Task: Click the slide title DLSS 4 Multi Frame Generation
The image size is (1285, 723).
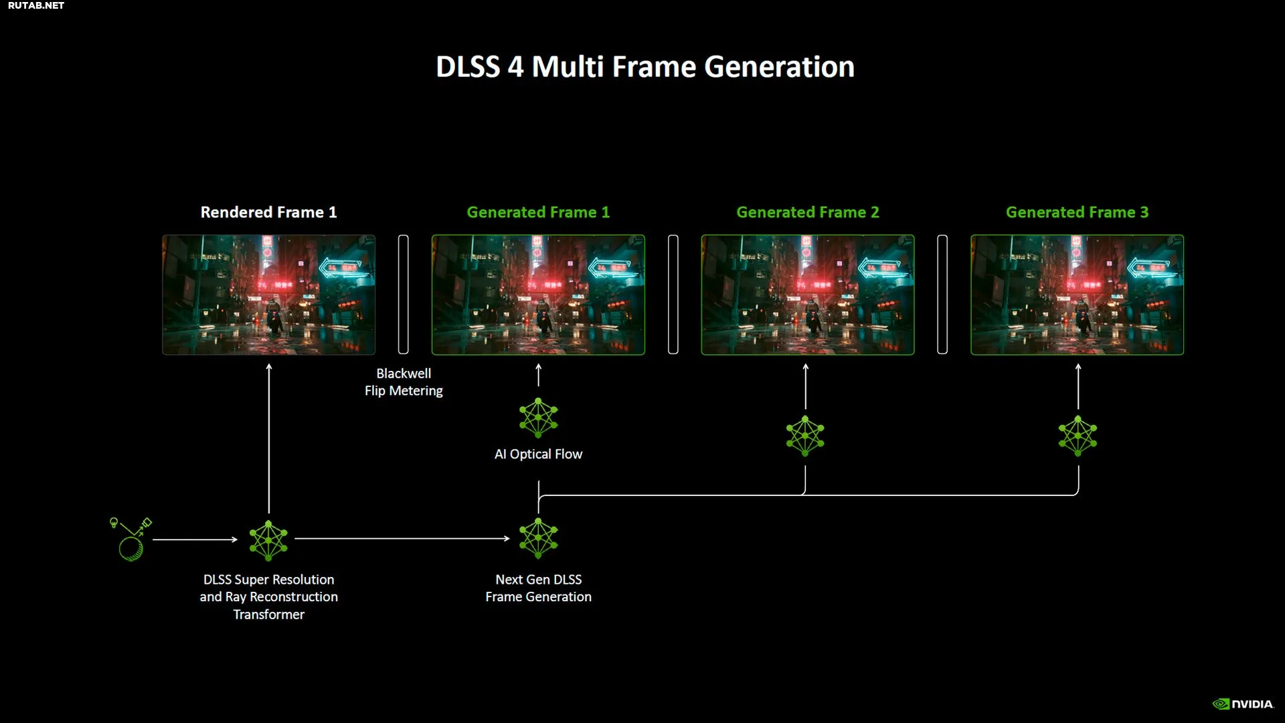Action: pos(645,67)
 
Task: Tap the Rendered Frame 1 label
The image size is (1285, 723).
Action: pos(268,212)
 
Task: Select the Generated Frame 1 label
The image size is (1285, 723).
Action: pos(538,212)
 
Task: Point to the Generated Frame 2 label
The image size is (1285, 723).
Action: pos(808,212)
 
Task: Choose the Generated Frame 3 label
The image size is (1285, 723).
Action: pos(1077,212)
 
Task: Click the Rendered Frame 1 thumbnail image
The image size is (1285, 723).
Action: pos(268,295)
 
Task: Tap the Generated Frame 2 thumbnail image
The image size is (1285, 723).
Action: pos(808,295)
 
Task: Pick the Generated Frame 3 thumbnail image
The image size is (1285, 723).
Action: pos(1077,295)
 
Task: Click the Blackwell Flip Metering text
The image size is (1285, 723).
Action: pos(404,382)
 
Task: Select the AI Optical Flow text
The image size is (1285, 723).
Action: pos(538,454)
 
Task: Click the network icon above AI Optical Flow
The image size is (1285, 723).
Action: pos(538,418)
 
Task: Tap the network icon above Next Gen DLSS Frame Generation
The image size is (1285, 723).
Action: pos(538,538)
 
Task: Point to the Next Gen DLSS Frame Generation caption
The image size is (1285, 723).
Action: pos(538,588)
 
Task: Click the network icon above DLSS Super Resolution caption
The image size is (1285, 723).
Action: pos(268,540)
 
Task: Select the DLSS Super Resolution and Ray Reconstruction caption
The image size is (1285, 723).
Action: pos(268,596)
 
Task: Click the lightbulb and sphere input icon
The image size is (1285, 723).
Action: pos(131,539)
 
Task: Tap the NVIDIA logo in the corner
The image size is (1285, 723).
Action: pos(1243,704)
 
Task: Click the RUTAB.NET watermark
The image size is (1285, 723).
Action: pos(36,5)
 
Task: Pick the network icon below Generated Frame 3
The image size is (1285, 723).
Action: pos(1078,436)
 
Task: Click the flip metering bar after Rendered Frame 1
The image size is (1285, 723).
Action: pos(403,295)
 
